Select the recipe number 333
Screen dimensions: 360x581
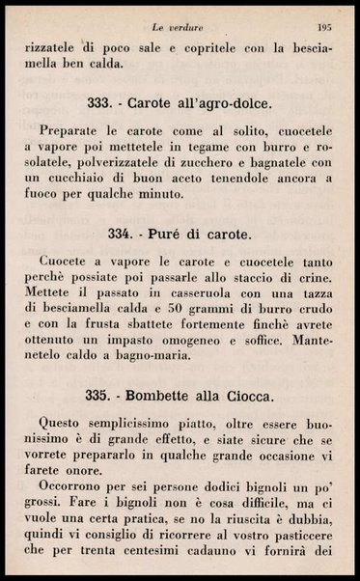[x=99, y=102]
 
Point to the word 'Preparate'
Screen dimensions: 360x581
[x=73, y=129]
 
